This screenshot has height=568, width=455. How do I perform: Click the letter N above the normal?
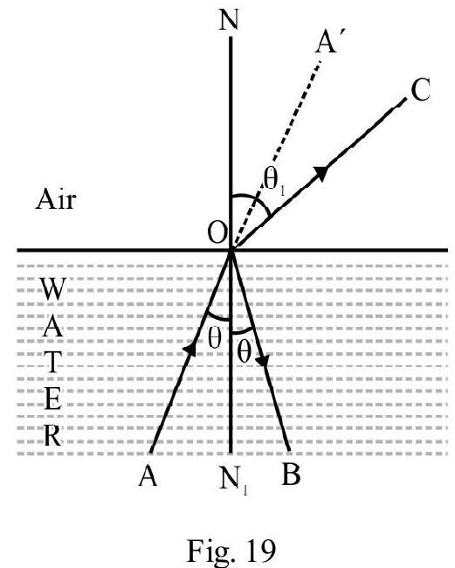pos(229,19)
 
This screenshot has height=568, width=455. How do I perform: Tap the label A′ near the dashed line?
pos(330,40)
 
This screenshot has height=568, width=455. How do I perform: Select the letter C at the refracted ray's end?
pos(420,89)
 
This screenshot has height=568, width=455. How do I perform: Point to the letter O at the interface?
pos(217,232)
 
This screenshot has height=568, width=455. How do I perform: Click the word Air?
pos(56,199)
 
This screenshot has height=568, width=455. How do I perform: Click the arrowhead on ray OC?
pos(321,172)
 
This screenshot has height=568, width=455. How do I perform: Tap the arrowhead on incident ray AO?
pos(190,349)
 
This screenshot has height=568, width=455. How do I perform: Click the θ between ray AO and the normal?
pos(215,336)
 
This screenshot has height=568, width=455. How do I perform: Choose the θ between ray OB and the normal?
pos(244,350)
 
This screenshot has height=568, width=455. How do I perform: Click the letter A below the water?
pos(148,474)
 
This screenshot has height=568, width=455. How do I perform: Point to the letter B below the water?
pos(291,474)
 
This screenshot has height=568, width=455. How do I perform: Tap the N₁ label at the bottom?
pos(233,480)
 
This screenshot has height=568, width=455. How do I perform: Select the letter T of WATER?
pos(53,363)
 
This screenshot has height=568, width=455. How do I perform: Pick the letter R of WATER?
pos(53,435)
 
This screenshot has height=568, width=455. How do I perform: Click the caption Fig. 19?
pos(231,550)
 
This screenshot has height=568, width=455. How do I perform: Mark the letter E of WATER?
pos(53,398)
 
